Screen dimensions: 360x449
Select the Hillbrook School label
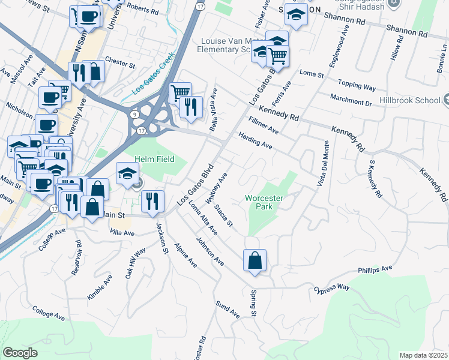click(x=414, y=102)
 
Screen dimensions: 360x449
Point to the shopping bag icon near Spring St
click(x=255, y=260)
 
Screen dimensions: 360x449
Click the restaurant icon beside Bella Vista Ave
click(x=191, y=107)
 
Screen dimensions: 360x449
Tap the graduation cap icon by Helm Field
click(x=127, y=173)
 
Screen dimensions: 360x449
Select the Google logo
click(x=20, y=353)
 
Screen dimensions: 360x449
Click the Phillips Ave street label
click(x=375, y=270)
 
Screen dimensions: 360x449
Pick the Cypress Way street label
click(x=331, y=289)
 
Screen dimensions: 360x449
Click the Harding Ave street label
click(x=255, y=141)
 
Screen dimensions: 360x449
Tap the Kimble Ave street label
click(x=100, y=287)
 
